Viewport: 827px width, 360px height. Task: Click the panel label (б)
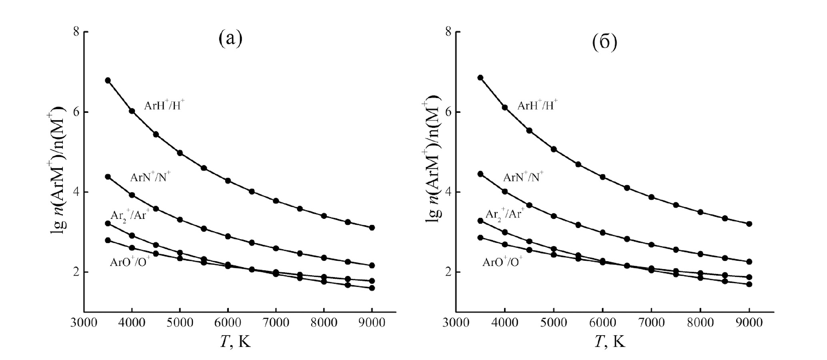(605, 43)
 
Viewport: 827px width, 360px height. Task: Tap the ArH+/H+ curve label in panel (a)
(164, 106)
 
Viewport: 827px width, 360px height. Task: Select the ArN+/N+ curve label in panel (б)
(523, 177)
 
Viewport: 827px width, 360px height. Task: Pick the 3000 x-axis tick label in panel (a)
(84, 323)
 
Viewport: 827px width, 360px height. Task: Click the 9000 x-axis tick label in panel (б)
(749, 323)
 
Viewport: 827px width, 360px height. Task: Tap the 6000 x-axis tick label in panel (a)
(228, 323)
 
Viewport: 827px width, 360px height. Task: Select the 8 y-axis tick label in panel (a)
(76, 32)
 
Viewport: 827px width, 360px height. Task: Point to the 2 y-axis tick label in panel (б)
(449, 272)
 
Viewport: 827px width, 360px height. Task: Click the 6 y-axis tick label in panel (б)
(449, 112)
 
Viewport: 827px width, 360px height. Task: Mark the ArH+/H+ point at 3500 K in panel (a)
(108, 80)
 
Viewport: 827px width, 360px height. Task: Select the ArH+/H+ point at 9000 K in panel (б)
(749, 224)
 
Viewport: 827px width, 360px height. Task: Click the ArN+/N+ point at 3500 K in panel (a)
(108, 176)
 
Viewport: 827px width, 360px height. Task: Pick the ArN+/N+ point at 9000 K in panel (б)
(749, 262)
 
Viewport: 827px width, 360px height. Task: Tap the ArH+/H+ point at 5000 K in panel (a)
(180, 153)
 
